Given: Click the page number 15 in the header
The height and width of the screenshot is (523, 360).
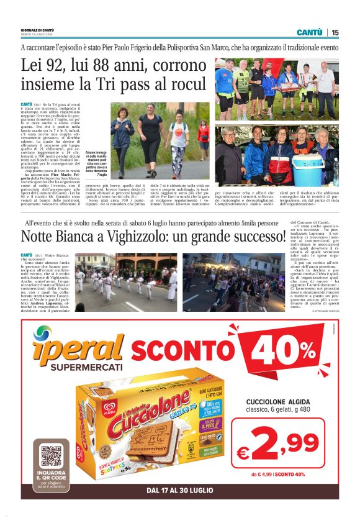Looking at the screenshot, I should [x=335, y=32].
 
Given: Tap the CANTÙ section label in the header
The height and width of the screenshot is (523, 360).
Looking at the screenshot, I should [x=308, y=32].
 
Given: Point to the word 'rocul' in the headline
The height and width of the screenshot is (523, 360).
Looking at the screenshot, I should [x=186, y=85].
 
